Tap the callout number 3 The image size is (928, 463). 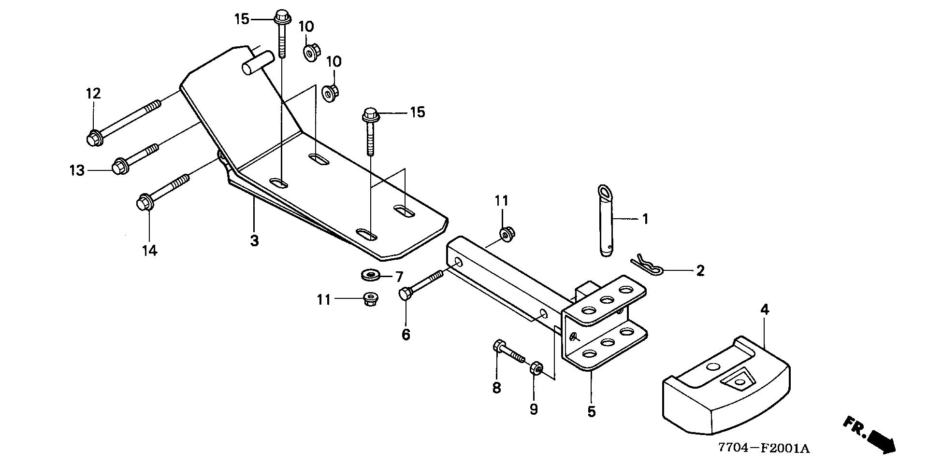254,240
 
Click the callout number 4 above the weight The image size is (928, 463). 765,309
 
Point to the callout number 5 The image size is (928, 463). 592,411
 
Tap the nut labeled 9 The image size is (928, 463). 536,369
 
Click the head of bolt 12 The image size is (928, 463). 93,139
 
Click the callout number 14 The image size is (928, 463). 149,251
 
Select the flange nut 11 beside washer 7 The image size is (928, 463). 370,299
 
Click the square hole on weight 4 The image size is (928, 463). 736,381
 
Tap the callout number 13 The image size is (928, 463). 77,170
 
